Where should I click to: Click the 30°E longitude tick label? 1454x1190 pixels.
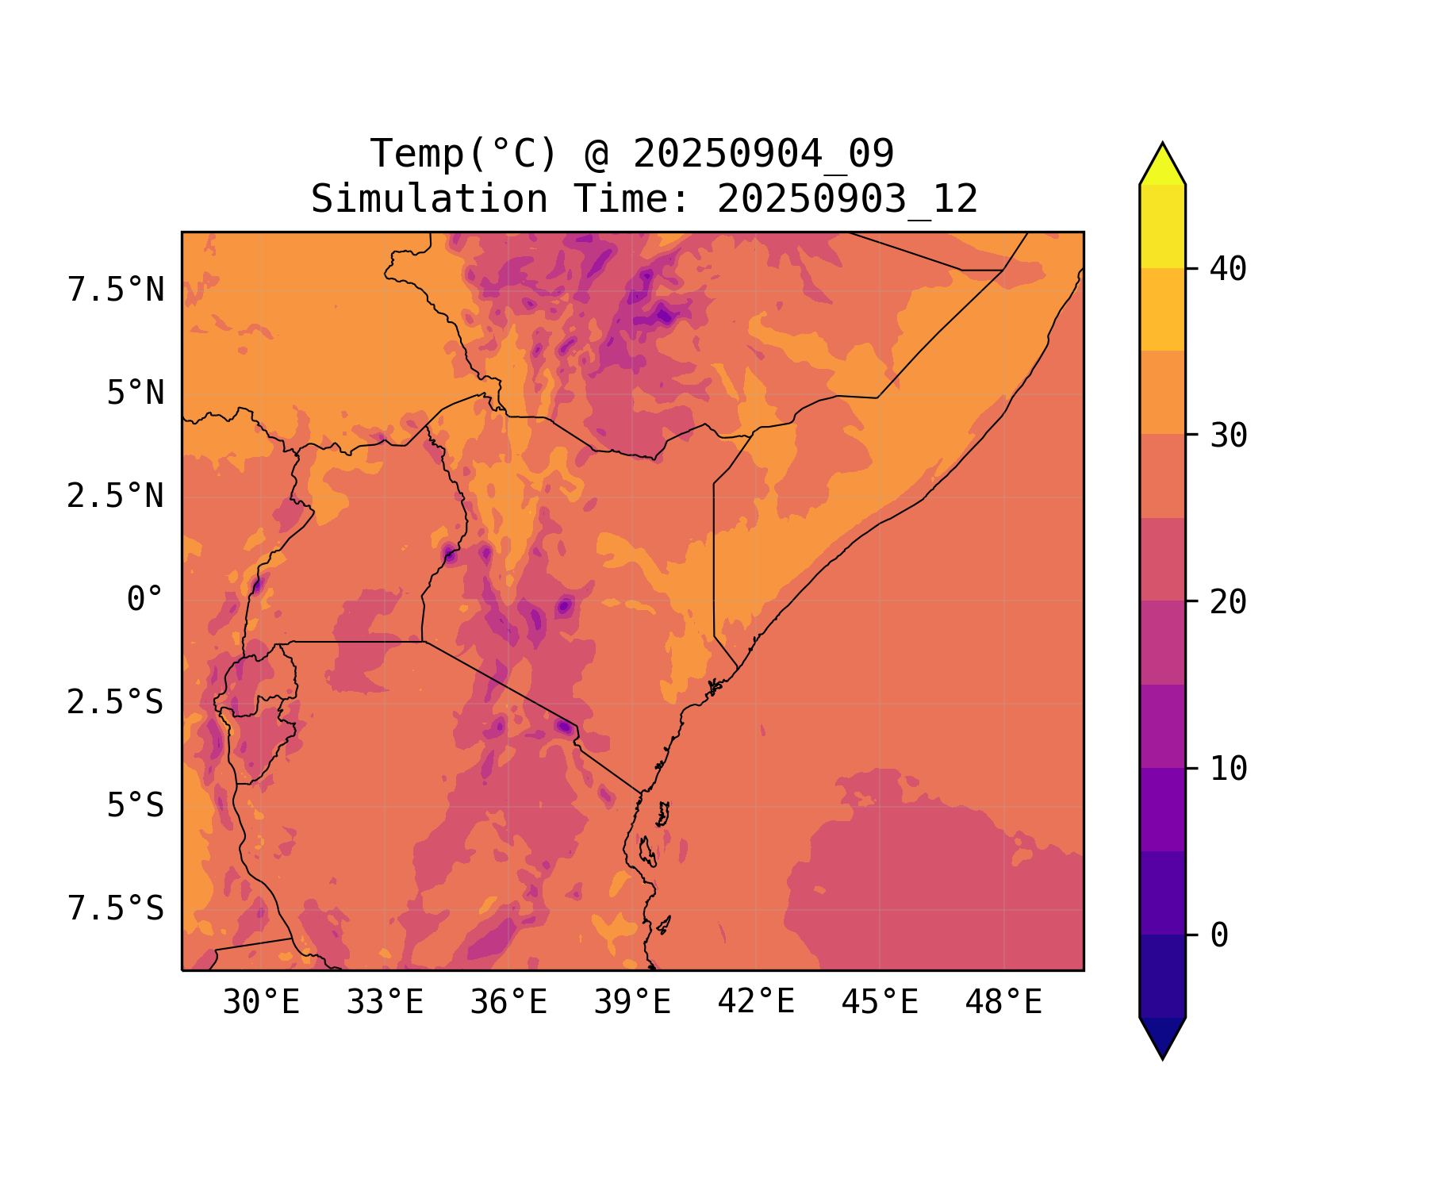[x=261, y=1003]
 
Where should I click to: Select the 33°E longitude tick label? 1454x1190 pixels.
[x=385, y=1003]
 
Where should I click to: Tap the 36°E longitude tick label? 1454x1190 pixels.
[x=508, y=1003]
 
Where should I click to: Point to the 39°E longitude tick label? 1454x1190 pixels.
[x=632, y=1003]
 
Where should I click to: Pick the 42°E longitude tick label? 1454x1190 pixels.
[x=756, y=1003]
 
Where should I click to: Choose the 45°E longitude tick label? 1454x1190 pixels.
[x=880, y=1003]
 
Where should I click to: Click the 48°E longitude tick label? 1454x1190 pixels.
[x=1003, y=1003]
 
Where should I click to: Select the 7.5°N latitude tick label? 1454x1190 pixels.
[x=116, y=290]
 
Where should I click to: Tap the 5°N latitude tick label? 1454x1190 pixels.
[x=136, y=393]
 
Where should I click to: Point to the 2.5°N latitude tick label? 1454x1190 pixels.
[x=116, y=497]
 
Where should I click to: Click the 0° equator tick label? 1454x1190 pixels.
[x=145, y=600]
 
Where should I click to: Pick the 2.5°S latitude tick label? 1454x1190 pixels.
[x=116, y=703]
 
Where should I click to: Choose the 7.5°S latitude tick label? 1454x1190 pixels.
[x=116, y=909]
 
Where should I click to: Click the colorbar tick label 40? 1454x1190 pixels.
[x=1229, y=269]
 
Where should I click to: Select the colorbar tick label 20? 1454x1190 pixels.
[x=1229, y=602]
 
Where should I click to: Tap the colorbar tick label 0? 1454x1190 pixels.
[x=1219, y=935]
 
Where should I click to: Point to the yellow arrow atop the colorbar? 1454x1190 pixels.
[x=1162, y=166]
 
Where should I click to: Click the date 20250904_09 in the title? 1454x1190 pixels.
[x=763, y=154]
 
